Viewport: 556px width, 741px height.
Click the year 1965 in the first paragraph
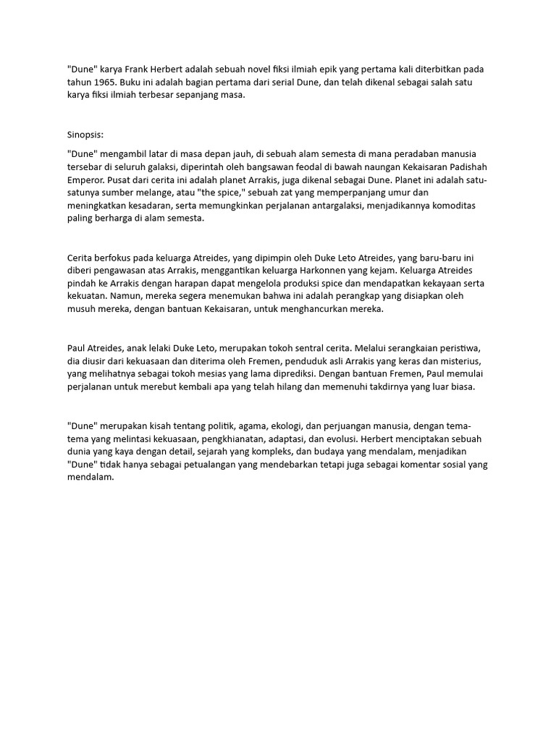pyautogui.click(x=104, y=82)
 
